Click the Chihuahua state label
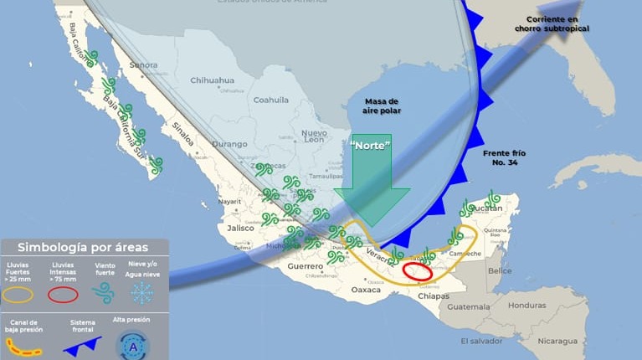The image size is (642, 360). [x=212, y=80]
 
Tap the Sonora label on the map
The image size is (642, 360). [x=143, y=64]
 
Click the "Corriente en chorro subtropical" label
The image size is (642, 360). [x=552, y=23]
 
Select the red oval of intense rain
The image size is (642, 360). [x=418, y=270]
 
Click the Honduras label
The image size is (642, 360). [x=526, y=305]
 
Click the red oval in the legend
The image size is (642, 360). [x=63, y=294]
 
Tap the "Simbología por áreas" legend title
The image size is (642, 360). [x=83, y=247]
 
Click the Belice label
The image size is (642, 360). [x=500, y=271]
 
